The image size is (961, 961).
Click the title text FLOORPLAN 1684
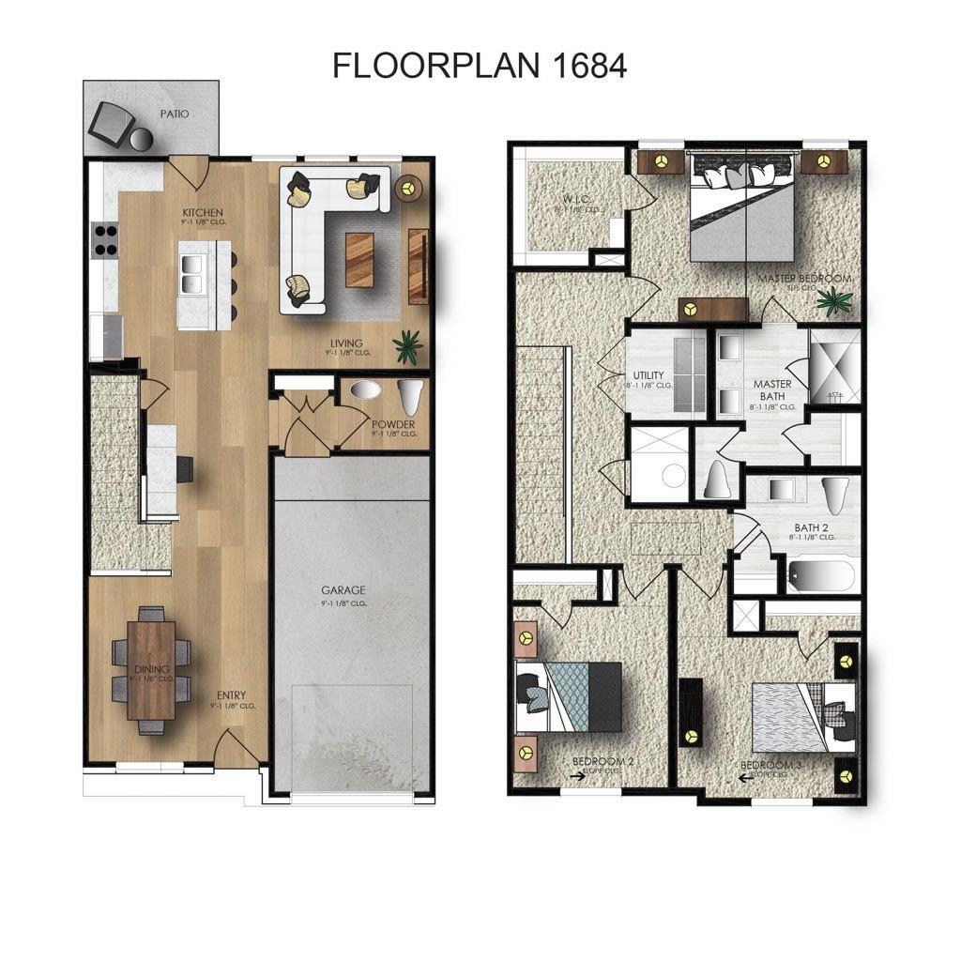coord(480,66)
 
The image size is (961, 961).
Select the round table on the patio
coord(142,140)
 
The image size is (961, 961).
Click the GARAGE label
coord(343,590)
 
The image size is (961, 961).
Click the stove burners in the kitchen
coord(104,240)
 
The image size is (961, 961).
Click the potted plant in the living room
coord(408,347)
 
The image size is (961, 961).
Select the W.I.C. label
coord(550,198)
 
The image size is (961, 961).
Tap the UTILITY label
coord(648,375)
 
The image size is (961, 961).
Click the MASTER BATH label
coord(772,389)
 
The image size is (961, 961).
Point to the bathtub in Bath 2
coord(821,574)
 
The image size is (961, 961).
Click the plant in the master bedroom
coord(833,301)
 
